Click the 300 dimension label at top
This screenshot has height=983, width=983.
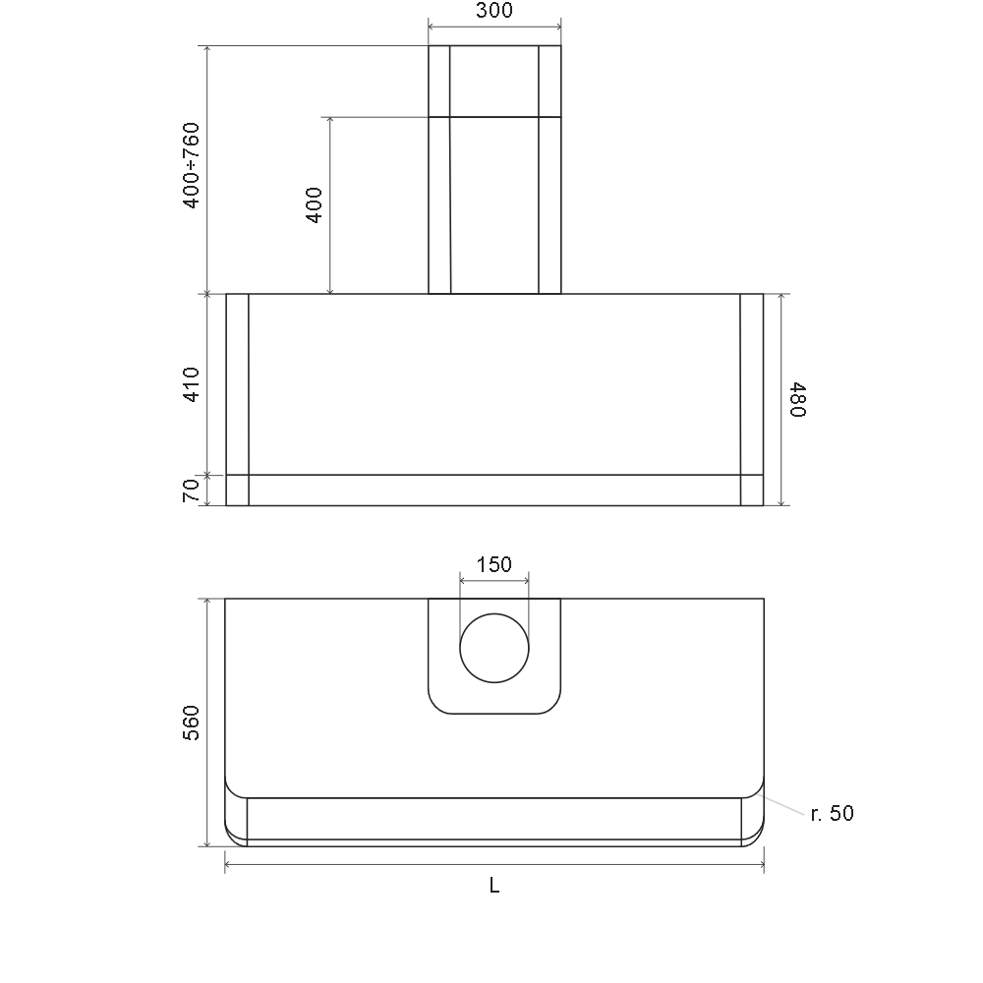pos(494,12)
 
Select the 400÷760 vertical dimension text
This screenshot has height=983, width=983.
pos(191,165)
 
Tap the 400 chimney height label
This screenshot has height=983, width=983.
pos(314,204)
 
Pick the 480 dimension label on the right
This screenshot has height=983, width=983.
pos(797,399)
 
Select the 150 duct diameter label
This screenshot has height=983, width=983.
pos(494,564)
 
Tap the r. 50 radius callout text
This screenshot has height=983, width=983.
pos(832,814)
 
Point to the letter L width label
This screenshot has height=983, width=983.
pos(494,886)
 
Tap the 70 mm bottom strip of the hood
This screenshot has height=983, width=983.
pos(494,490)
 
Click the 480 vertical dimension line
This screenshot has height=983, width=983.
pos(781,399)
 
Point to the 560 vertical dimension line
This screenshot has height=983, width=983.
pos(207,723)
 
